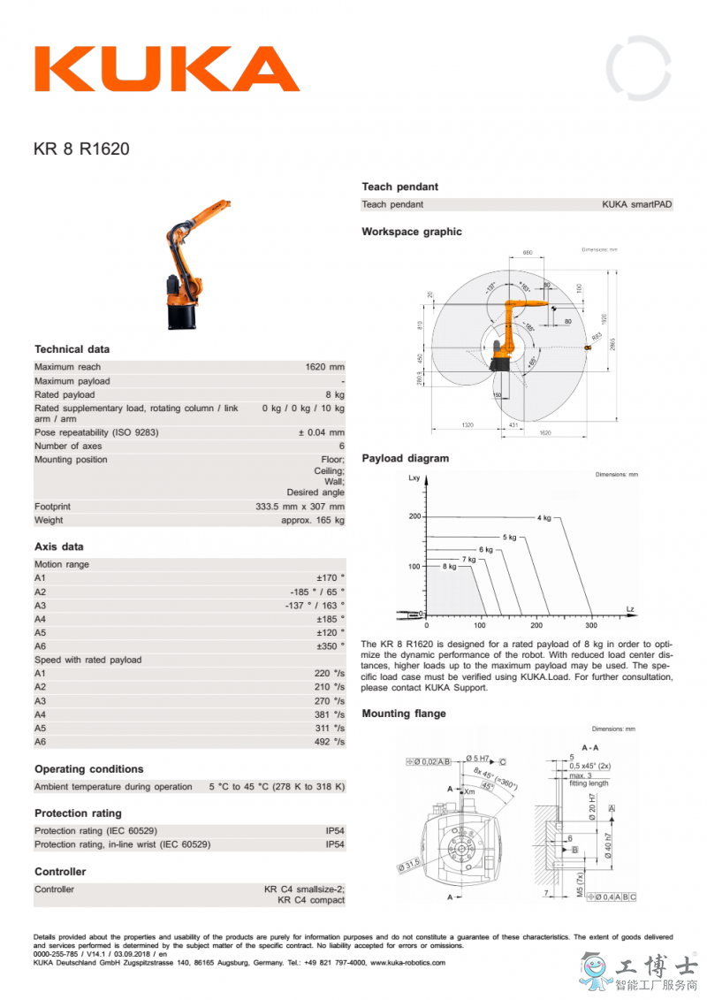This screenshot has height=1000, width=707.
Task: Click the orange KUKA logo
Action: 167,69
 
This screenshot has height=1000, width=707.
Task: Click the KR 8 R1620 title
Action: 81,149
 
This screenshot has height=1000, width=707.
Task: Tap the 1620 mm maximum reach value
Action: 324,367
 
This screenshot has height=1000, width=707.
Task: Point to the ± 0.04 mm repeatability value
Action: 321,432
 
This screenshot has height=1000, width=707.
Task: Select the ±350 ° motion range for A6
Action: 331,646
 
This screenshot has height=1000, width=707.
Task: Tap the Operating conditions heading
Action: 88,769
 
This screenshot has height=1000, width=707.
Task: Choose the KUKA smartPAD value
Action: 636,204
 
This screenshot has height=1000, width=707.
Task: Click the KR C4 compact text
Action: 311,900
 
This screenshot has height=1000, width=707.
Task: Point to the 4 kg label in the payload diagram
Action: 544,517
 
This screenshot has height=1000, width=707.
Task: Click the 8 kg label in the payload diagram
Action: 449,566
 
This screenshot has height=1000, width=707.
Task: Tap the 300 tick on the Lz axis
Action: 591,624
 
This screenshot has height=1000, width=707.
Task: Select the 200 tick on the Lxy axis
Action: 415,516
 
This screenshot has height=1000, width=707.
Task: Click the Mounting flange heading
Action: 404,714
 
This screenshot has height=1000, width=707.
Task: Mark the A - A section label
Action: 590,747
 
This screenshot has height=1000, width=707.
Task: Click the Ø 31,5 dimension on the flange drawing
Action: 409,865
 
